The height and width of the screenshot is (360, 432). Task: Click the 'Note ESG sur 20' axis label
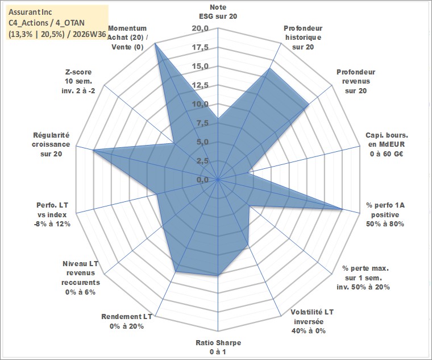[218, 11]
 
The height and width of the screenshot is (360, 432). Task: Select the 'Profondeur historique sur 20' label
[303, 38]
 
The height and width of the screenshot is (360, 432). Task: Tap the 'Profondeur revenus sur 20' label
[356, 81]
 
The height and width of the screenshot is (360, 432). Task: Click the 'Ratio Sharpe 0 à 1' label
[218, 347]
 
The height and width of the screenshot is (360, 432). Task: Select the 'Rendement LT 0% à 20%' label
[127, 321]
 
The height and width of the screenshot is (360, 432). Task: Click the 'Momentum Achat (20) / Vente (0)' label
[127, 38]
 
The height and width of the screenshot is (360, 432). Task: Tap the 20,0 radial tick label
[200, 28]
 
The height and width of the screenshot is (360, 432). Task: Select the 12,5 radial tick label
[200, 85]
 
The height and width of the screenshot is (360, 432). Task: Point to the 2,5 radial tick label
[202, 161]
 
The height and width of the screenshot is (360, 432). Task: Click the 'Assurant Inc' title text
[30, 12]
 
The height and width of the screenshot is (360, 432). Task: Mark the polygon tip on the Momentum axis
[155, 43]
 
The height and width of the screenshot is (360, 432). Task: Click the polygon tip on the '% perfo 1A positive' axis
[342, 209]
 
